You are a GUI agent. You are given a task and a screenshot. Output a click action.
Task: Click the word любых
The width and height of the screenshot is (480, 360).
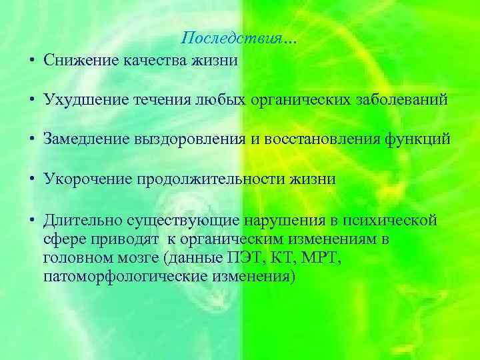[x=217, y=100]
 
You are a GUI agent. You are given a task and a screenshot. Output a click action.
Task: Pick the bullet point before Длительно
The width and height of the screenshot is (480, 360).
[x=32, y=221]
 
